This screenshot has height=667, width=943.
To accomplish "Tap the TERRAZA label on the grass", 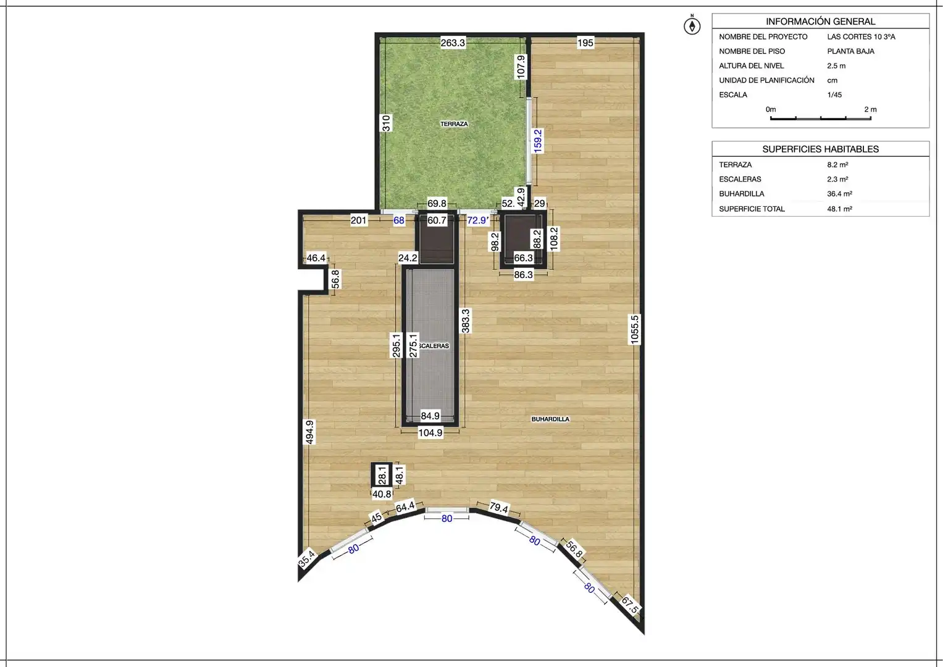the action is [x=454, y=124].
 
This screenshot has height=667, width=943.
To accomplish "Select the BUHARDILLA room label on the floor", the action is [x=550, y=419].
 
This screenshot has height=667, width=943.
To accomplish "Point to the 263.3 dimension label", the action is [x=453, y=43].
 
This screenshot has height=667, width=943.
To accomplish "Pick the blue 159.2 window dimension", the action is [x=538, y=141].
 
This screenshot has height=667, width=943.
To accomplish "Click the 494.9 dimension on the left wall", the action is [x=309, y=432].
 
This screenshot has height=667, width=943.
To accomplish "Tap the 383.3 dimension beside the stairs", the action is [x=465, y=321].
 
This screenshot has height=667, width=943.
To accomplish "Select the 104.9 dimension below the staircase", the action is [x=430, y=432].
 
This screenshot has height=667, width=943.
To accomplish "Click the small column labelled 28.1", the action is [x=382, y=475].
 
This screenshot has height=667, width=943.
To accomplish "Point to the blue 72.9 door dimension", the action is [x=478, y=220].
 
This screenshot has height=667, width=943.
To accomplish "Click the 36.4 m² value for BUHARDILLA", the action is [x=839, y=194].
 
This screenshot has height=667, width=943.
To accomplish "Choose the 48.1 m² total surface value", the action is [x=839, y=209].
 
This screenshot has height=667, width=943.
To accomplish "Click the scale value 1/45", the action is [x=834, y=94].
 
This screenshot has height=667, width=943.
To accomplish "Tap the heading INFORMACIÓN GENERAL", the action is [x=821, y=22].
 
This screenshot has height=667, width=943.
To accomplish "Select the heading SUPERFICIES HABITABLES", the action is [x=821, y=149].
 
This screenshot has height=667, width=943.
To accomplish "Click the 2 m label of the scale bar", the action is [x=871, y=109].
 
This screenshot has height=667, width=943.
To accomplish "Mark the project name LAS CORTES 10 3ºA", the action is [x=861, y=36].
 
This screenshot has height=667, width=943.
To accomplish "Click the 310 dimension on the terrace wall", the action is [x=385, y=123].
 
